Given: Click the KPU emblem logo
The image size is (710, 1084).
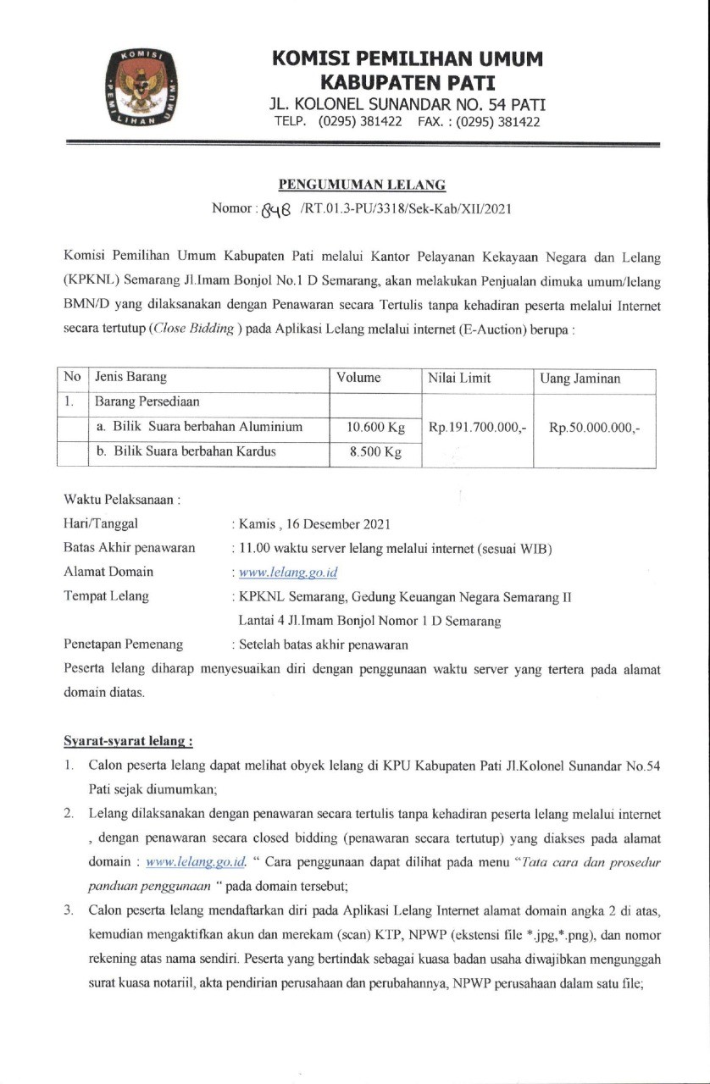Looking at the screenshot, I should [x=140, y=88].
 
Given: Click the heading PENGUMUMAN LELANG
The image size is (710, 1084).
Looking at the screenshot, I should [x=363, y=185].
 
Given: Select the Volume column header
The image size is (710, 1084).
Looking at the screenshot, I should [x=358, y=378].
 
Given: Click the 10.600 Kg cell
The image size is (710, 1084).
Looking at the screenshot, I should [x=375, y=427].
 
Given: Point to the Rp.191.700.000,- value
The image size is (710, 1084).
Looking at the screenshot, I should [x=478, y=428].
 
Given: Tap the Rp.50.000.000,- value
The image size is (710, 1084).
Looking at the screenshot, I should [x=595, y=428].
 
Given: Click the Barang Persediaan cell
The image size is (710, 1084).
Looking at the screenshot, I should [x=141, y=401].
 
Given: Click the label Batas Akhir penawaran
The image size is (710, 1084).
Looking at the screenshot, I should [x=130, y=548].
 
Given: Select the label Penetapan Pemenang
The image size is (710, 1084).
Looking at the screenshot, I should [x=124, y=644].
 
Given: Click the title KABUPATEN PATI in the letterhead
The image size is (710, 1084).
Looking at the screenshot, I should [x=407, y=83].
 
